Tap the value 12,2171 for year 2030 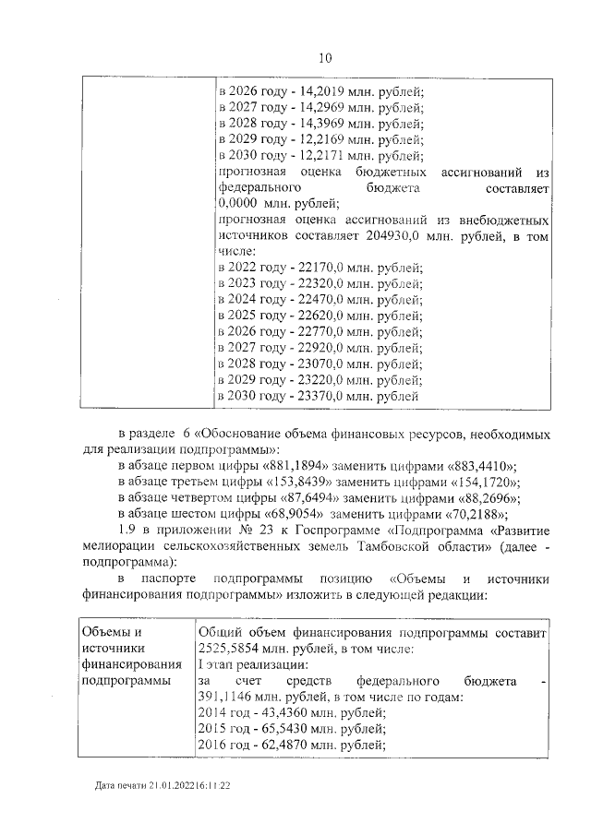[321, 155]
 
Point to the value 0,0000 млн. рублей [238, 204]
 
